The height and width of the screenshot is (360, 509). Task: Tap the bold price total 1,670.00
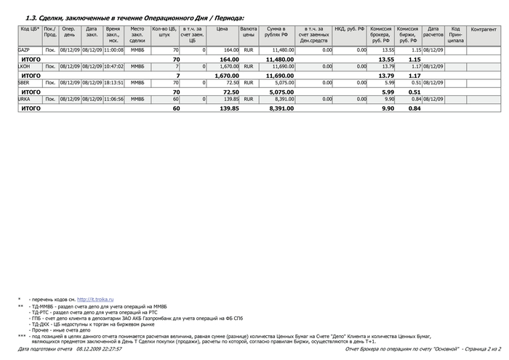click(x=227, y=76)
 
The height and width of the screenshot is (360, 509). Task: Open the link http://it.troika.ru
click(x=95, y=300)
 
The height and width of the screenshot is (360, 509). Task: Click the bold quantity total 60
click(x=176, y=108)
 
